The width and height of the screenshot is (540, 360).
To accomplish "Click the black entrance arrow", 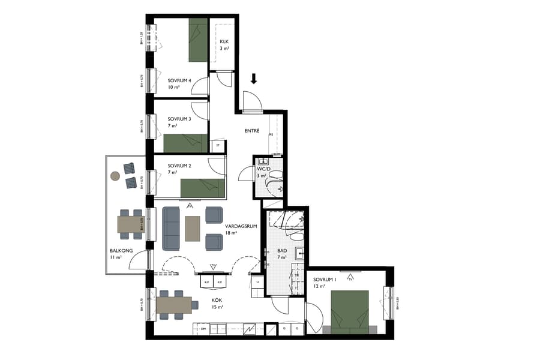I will [254, 79].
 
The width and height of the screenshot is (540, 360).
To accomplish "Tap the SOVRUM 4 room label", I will [179, 80].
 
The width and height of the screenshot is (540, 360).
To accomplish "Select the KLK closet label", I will [224, 41].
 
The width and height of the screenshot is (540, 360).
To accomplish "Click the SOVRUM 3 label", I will [179, 119].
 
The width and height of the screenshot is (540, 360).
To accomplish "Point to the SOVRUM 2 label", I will [179, 165].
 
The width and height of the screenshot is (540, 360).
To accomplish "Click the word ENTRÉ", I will [252, 131].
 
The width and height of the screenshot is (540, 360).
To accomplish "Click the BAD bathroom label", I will [281, 250].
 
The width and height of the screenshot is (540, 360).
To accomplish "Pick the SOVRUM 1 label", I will [325, 279].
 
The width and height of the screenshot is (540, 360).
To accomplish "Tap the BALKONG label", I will [118, 250].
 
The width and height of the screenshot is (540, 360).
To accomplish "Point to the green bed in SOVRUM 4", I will [198, 40].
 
